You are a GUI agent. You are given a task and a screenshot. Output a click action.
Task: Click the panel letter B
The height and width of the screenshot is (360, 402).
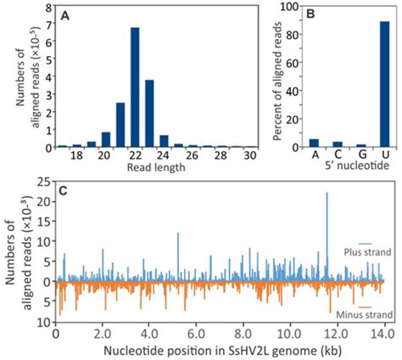coord(308,13)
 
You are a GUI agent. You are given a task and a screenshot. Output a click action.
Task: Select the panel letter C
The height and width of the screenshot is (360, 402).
coord(66,181)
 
